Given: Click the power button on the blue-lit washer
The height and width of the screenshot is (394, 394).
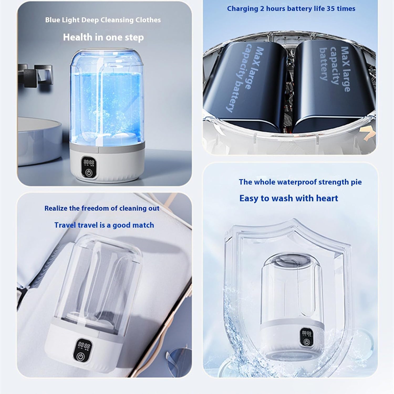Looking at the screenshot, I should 89,173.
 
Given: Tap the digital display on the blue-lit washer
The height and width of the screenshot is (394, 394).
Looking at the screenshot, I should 89,163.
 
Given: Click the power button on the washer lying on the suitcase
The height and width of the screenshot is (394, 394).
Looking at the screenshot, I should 80,356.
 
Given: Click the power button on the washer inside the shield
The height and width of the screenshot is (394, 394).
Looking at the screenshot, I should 306,342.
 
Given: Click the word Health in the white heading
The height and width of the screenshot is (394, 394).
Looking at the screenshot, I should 77,37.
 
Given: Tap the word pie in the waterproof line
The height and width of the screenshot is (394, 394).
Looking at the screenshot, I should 356,182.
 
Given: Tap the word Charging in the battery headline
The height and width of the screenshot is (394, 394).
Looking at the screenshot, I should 242,9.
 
